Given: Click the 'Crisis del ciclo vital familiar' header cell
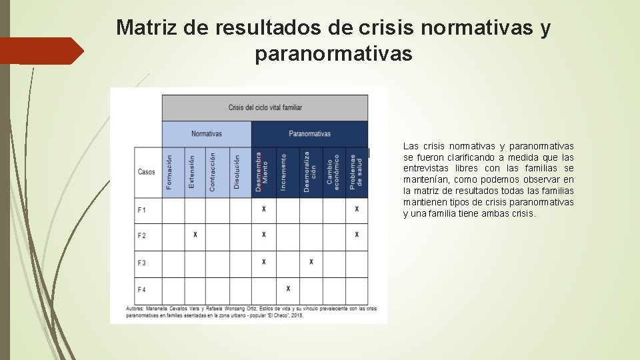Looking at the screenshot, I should (265, 107).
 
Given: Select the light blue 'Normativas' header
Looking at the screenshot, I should (206, 134).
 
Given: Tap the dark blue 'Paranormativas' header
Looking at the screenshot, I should (309, 134).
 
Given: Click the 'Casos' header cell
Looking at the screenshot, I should (147, 172).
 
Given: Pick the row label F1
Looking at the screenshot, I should (142, 210).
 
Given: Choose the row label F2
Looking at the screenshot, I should (142, 235).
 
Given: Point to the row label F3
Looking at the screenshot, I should (142, 263).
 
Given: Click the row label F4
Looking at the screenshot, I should (142, 289).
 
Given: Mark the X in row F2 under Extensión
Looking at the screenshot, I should (195, 235).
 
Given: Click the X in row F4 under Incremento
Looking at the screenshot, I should (288, 289).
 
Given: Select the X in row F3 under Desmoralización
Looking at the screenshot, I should (311, 262).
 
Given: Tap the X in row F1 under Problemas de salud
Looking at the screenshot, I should (357, 209).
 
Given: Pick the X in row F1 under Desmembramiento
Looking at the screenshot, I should (264, 209).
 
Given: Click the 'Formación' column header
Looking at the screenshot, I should (170, 172).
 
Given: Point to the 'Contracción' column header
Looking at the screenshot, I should (213, 172).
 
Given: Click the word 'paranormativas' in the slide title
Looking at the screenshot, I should (333, 54).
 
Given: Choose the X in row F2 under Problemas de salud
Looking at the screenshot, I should (357, 235).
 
